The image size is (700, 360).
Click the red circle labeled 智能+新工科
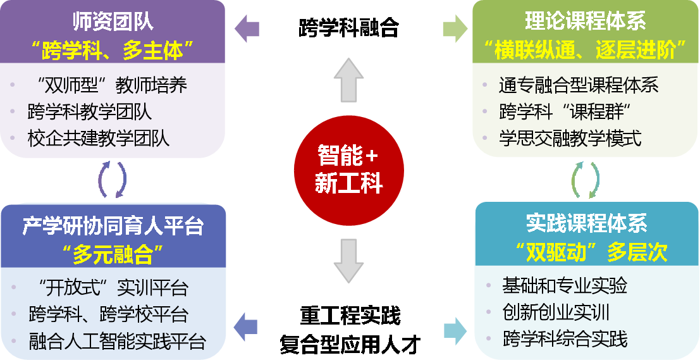349,169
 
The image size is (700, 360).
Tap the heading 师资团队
114,23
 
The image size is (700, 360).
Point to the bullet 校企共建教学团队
99,138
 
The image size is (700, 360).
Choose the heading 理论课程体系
586,22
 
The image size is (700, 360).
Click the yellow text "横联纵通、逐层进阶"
586,49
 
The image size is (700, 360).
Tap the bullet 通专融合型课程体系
579,85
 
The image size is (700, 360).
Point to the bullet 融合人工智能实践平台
118,342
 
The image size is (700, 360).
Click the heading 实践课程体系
586,223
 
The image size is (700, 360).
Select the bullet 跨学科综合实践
565,339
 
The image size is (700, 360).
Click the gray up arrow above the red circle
349,79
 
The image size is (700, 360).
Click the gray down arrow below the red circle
349,259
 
